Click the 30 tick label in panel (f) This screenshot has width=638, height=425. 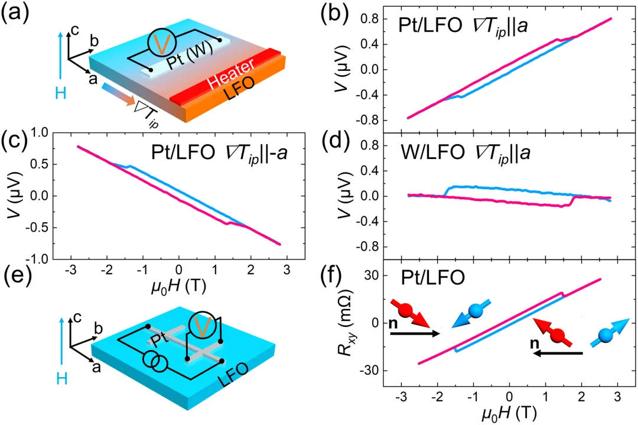point(372,275)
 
